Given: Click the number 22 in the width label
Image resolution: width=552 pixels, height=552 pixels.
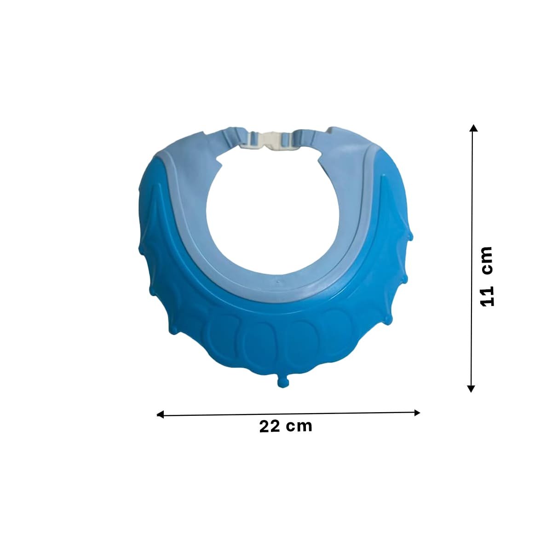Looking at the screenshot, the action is (269, 427).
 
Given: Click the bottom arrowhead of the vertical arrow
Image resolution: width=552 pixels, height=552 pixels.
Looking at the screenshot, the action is (471, 388).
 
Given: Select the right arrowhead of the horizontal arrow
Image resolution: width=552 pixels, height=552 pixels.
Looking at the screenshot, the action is (417, 413).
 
